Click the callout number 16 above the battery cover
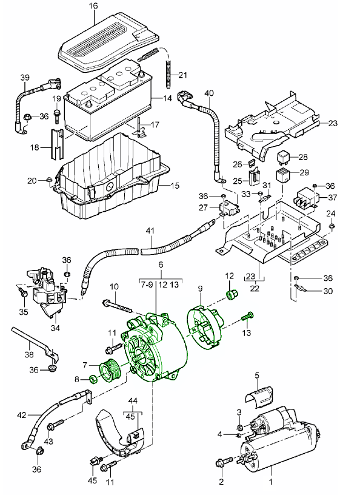click(93, 7)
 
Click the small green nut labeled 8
click(93, 380)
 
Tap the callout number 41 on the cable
click(150, 231)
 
